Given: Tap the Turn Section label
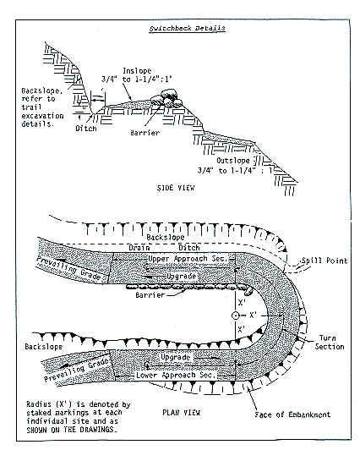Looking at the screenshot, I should click(x=330, y=341).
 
